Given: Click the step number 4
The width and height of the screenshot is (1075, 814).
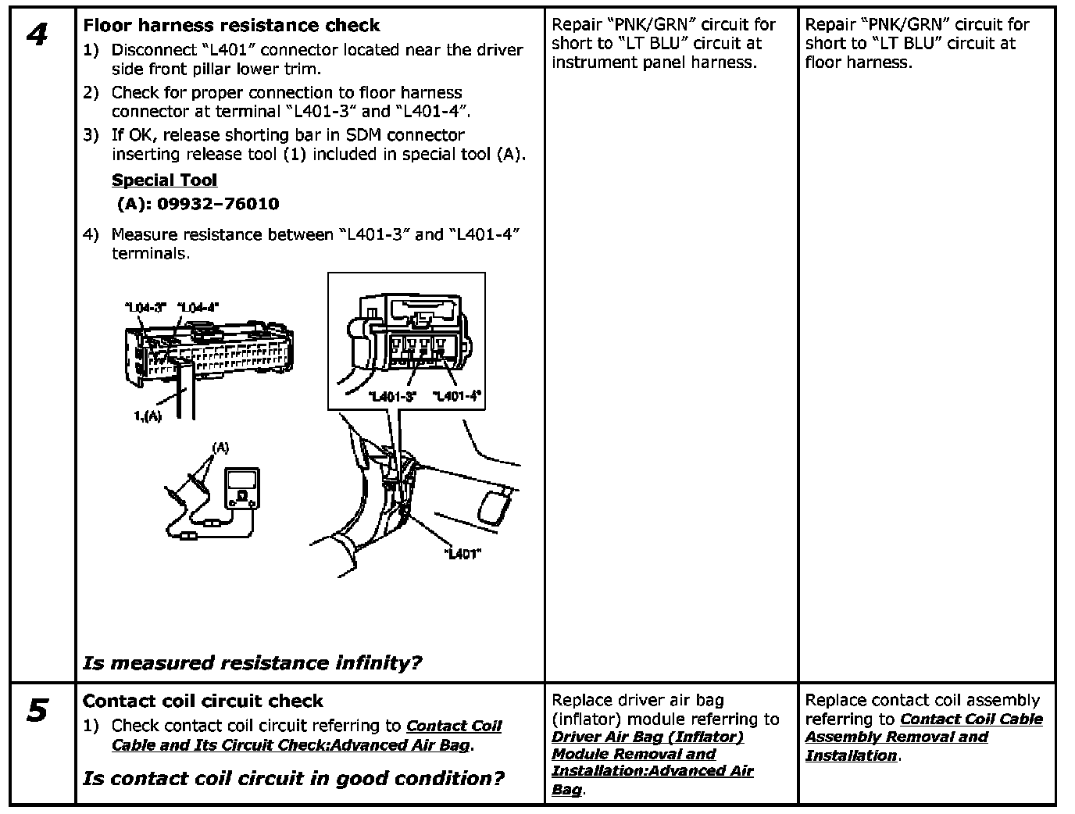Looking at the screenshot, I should [x=36, y=35].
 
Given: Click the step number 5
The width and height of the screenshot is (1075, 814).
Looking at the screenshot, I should [x=37, y=712].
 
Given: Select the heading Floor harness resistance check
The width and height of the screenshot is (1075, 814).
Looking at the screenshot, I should [x=231, y=25].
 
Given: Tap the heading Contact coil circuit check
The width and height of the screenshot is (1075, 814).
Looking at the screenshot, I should [x=202, y=701].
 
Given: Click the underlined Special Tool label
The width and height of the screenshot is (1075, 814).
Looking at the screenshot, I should [x=164, y=180].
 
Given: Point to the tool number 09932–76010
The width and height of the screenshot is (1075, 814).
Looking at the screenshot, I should [x=218, y=205].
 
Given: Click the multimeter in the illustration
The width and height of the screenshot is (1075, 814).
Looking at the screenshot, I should [x=241, y=490].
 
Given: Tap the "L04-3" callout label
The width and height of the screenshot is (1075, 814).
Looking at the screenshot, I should [x=146, y=307].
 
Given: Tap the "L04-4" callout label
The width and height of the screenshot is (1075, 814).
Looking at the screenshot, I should [x=198, y=307].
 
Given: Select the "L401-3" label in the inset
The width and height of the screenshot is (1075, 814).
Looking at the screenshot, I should [x=391, y=396].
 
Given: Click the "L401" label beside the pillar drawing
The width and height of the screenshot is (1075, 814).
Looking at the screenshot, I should [x=462, y=554].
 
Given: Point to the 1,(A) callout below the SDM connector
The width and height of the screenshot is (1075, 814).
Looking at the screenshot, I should [x=148, y=416].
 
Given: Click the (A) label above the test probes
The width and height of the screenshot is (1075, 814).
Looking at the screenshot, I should [x=221, y=448].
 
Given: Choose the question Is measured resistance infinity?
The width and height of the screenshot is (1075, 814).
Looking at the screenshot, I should [x=252, y=663].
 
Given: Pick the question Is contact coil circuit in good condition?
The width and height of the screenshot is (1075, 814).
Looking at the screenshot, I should [x=293, y=778].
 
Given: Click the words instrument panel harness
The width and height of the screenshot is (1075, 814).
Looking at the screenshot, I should [x=654, y=62].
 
